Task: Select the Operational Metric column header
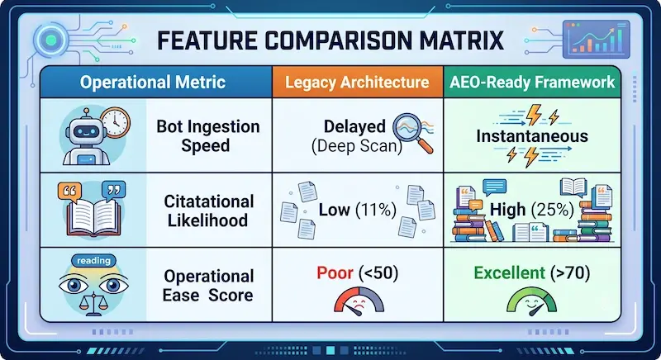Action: click(x=155, y=82)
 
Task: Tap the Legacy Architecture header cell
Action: click(x=358, y=82)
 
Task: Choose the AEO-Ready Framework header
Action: click(x=532, y=82)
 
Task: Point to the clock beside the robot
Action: click(x=115, y=122)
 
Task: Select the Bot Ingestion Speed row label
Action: click(x=208, y=135)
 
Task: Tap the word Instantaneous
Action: click(x=532, y=136)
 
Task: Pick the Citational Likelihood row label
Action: click(x=209, y=211)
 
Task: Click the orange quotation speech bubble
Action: click(x=69, y=192)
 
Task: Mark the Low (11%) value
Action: click(x=358, y=210)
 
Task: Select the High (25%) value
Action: click(x=532, y=210)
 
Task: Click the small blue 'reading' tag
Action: click(x=93, y=261)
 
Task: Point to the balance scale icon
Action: click(x=93, y=304)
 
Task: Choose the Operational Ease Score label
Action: click(x=208, y=286)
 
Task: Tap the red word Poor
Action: click(x=335, y=272)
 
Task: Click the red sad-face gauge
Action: click(x=359, y=301)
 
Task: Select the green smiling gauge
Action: click(x=531, y=301)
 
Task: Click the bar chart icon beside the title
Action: click(x=596, y=39)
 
